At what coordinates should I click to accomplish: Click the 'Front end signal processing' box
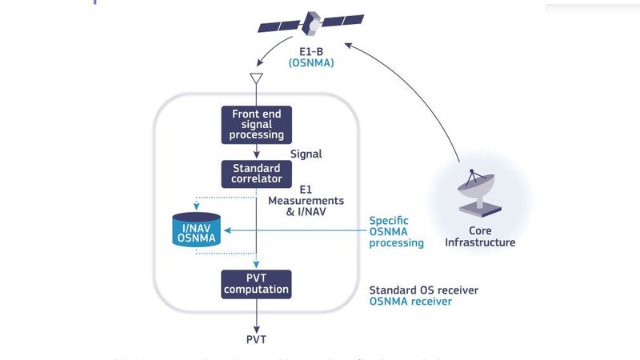coord(257,124)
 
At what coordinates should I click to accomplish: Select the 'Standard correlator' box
coord(256,174)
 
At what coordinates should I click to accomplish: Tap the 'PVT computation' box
coord(257,283)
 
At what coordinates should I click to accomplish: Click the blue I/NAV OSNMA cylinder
coord(198,230)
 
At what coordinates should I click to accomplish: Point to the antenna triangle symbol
coord(256,78)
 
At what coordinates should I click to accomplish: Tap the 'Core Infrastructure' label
coord(480,236)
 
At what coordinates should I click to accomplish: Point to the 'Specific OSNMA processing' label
coord(396,231)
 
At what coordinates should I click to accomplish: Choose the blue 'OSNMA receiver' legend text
coord(410,302)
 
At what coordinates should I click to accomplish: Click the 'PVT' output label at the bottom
coord(256,339)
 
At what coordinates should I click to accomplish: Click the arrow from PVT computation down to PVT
coord(256,314)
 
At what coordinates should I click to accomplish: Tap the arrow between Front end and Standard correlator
coord(256,152)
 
